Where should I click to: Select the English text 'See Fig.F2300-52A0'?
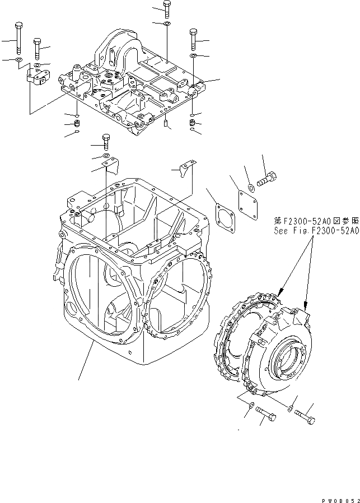tap(315, 230)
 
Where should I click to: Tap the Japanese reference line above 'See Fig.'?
tap(315, 220)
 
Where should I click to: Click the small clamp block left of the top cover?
tap(37, 77)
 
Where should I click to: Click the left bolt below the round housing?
tap(268, 414)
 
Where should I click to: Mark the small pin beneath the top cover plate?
tap(167, 123)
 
